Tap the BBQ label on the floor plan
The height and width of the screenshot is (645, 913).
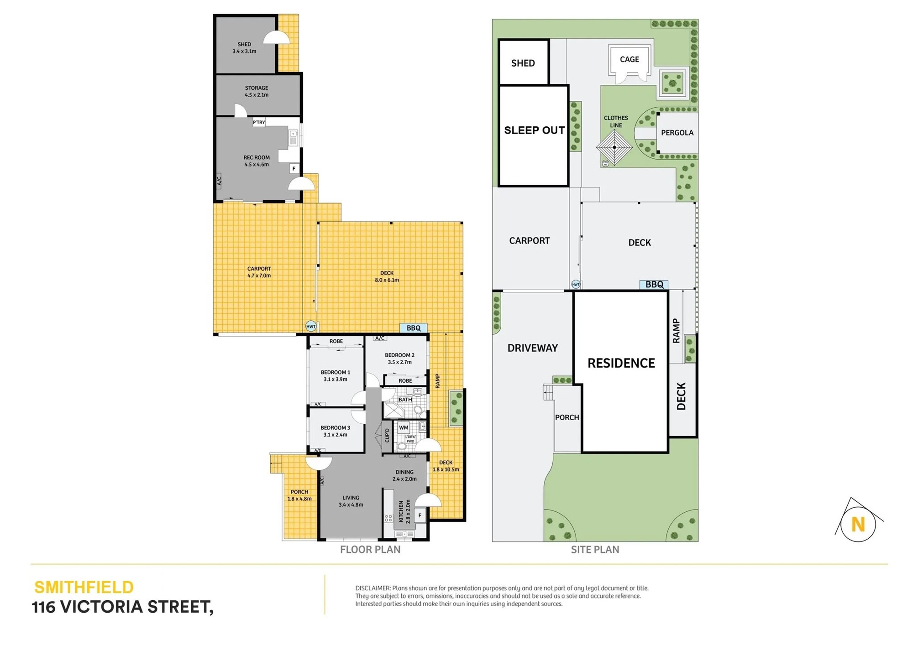coord(414,328)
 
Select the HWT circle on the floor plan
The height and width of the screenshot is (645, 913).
coord(311,326)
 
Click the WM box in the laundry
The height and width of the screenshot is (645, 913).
coord(404,427)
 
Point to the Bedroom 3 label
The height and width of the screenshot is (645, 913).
coord(336,431)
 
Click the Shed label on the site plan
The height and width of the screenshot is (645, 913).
coord(523,63)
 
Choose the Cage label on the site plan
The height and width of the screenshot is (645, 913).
coord(630,59)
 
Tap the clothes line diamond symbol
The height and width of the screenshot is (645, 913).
coord(614,147)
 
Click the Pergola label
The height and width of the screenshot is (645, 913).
coord(677,133)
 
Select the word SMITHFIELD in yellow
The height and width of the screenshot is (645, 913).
coord(84,587)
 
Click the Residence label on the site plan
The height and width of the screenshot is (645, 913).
coord(621,363)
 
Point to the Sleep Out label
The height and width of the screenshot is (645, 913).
coord(535,130)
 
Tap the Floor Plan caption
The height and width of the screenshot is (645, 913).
coord(370,550)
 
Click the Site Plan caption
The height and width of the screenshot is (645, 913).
coord(595,550)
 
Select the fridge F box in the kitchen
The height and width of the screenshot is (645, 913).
coord(420,516)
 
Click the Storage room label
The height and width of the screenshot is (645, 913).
coord(257,91)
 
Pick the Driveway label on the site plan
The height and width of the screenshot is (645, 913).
coord(533,348)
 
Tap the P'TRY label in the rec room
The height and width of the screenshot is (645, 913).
coord(259,122)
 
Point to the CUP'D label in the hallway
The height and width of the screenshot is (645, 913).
coord(387,436)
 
